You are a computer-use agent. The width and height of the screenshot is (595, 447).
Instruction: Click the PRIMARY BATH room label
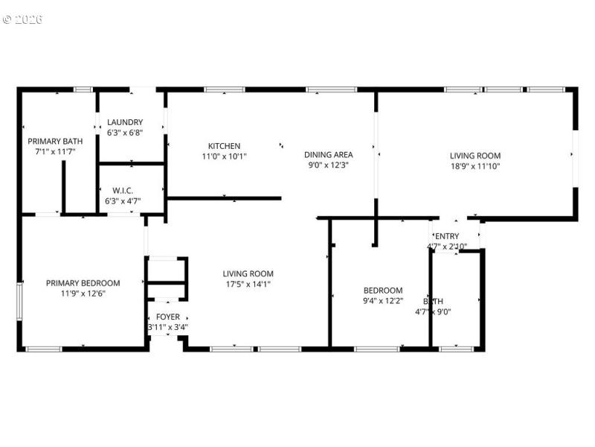[x=55, y=141]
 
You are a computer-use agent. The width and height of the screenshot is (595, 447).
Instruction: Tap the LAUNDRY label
[x=125, y=122]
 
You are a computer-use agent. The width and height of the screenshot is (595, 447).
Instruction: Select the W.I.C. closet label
[x=122, y=191]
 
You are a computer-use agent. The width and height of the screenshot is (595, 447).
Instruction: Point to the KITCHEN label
[x=224, y=146]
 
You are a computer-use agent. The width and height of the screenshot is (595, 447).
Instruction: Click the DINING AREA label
[x=328, y=155]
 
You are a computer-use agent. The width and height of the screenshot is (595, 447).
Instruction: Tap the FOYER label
[x=167, y=317]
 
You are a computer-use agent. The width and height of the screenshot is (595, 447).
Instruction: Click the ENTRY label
[x=447, y=236]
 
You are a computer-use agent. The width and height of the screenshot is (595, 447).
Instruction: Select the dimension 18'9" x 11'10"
[x=475, y=166]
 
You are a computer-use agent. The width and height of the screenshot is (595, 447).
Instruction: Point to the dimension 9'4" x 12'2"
[x=383, y=301]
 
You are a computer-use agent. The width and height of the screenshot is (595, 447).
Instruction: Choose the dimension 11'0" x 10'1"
[x=224, y=156]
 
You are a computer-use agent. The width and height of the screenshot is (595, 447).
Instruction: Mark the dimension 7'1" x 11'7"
[x=55, y=151]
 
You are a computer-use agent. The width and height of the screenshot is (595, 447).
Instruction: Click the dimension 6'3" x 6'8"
[x=125, y=133]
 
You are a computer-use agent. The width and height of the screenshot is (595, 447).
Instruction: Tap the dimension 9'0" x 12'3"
[x=328, y=165]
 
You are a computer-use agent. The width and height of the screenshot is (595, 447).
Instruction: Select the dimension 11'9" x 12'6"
[x=83, y=294]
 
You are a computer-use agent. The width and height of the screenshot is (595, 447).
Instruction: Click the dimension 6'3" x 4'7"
[x=122, y=200]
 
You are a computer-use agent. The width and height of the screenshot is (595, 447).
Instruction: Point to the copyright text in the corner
[x=22, y=19]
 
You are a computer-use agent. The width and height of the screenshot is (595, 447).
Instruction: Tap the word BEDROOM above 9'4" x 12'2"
[x=383, y=291]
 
